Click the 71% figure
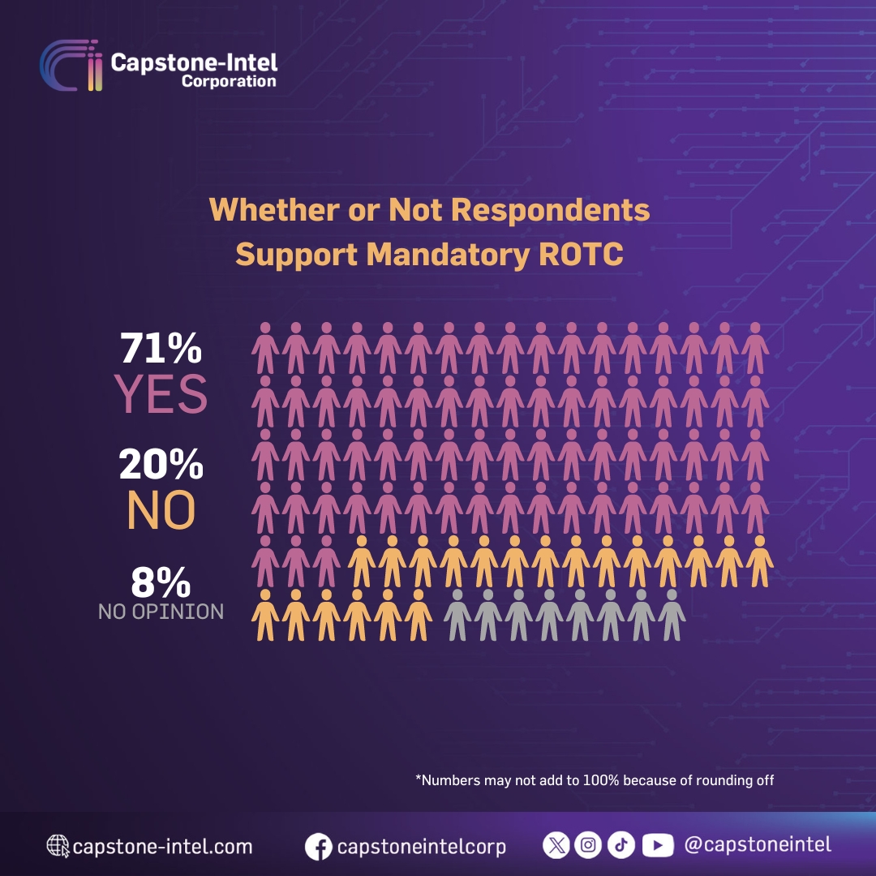(x=161, y=349)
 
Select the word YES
(x=161, y=393)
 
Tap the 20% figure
(x=161, y=466)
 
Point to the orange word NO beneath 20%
(x=161, y=510)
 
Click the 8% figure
(x=161, y=582)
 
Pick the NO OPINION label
(x=161, y=612)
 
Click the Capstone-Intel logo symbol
(x=71, y=67)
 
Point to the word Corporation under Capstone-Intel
(x=229, y=81)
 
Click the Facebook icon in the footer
(x=319, y=848)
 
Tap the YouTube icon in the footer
(x=658, y=845)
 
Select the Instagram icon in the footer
(x=588, y=845)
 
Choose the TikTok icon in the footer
(x=622, y=845)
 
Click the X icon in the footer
(x=556, y=845)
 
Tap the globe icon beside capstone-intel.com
(x=58, y=847)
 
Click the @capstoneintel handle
(x=758, y=844)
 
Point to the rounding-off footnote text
(x=595, y=780)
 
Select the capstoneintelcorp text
(x=422, y=847)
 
